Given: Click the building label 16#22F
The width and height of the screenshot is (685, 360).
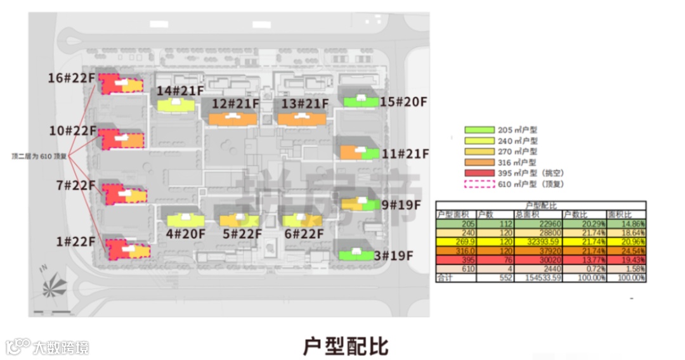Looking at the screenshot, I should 72,78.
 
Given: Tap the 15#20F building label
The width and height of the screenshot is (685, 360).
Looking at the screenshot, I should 403,101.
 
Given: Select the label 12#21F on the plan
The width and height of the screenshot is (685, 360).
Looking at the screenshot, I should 235,103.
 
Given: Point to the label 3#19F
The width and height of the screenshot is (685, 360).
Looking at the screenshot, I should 393,256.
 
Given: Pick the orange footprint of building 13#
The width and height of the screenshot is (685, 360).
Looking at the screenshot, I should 301,119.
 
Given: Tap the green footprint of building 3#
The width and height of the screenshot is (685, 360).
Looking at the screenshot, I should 356,255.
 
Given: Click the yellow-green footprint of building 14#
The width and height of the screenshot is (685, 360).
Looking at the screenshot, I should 176,105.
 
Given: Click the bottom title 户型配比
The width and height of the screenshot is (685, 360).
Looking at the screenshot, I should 346,345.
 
